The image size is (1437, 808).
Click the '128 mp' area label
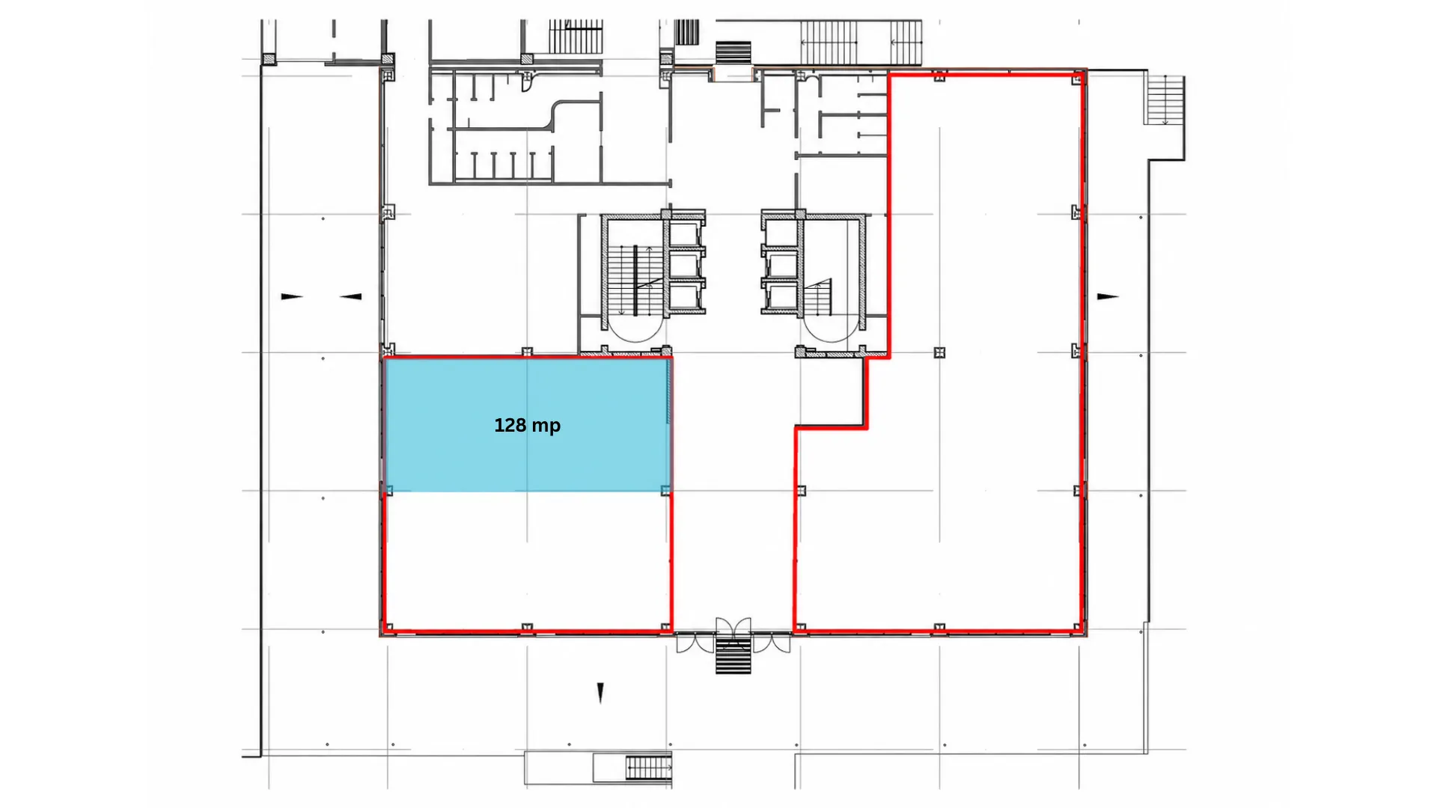pos(527,426)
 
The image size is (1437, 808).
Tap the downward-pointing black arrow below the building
pos(600,693)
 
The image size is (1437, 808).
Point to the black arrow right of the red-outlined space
pos(1108,296)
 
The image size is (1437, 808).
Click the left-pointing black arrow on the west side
pos(351,296)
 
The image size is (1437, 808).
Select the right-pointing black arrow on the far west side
pos(292,296)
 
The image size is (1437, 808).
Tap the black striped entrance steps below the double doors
pos(733,655)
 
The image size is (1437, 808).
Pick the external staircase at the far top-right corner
pos(1165,100)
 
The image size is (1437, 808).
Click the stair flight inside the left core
pos(635,280)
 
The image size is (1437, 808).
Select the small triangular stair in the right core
pos(820,298)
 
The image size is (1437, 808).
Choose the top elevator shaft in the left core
pos(685,233)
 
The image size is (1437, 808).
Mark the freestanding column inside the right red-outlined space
pos(940,352)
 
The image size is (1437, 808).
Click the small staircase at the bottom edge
pos(648,767)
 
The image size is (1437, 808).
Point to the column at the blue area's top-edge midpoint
pos(527,352)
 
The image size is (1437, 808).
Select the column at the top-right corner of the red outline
pos(1078,77)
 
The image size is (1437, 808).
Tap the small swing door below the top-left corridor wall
pos(528,83)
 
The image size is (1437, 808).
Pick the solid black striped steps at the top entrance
pos(733,52)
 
